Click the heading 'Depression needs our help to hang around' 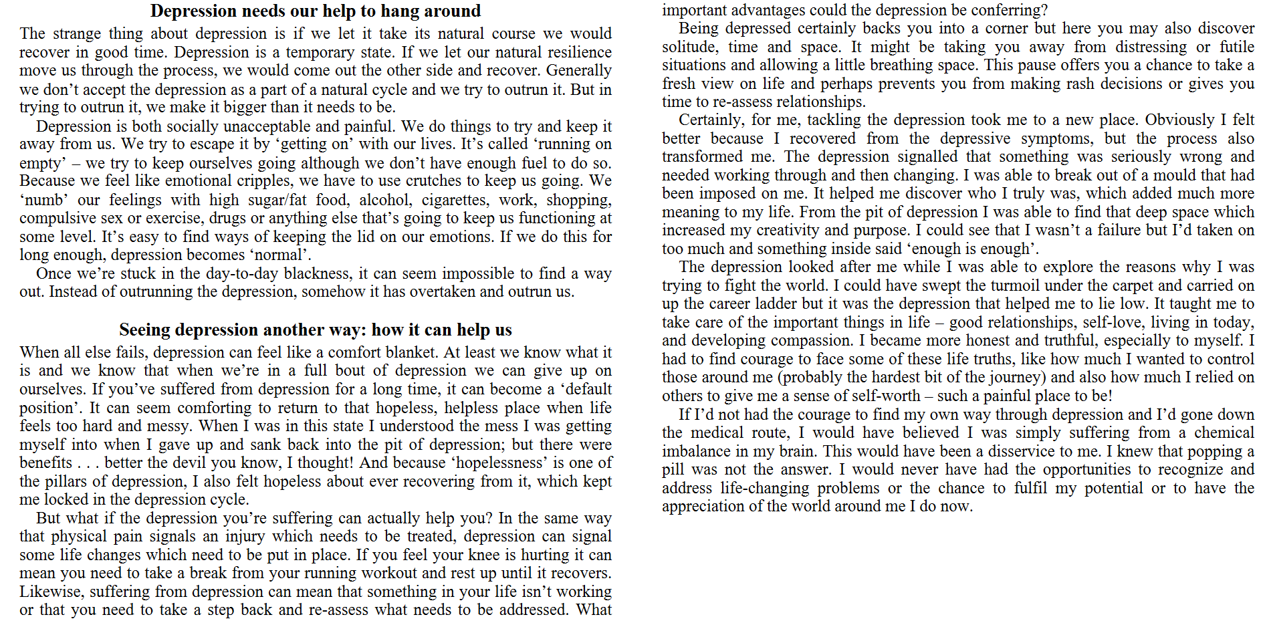click(315, 11)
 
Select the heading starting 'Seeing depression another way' click(315, 330)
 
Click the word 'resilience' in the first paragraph click(576, 52)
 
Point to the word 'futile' click(1236, 47)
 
